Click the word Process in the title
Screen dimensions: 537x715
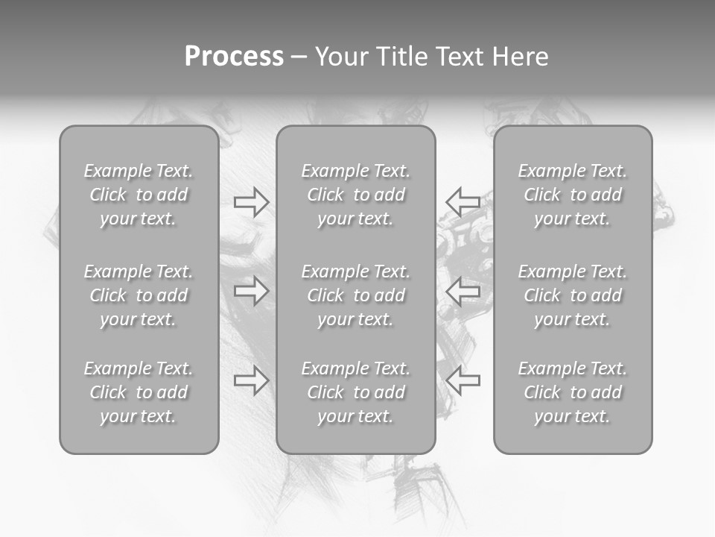234,57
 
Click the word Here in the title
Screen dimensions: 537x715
520,57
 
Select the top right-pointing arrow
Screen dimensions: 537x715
252,202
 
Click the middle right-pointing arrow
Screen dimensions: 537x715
252,291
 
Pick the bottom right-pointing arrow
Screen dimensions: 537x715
252,380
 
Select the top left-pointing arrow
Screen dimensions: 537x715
463,201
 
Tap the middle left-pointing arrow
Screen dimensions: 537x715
463,291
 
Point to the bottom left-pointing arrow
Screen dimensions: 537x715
463,380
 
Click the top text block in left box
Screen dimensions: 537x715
139,195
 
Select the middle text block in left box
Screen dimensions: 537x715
139,295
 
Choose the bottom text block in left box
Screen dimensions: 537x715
139,392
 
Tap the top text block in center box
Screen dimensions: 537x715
355,195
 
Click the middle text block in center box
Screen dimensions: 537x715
355,295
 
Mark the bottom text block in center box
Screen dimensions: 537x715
355,392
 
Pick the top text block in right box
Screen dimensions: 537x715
572,195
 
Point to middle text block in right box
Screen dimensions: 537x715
572,295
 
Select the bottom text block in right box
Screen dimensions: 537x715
572,392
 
